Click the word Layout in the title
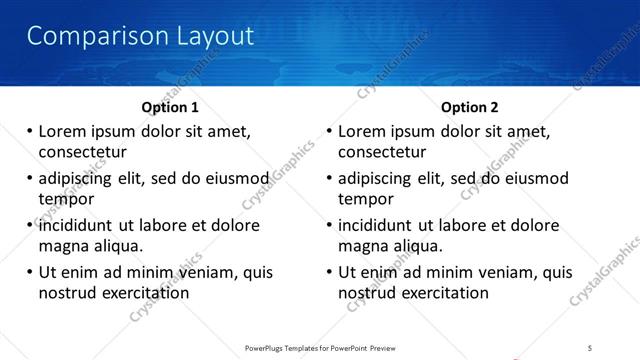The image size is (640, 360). [x=204, y=37]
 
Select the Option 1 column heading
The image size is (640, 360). [x=170, y=106]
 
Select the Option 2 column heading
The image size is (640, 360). [x=469, y=106]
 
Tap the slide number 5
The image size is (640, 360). [x=591, y=347]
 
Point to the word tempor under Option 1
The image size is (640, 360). [x=66, y=199]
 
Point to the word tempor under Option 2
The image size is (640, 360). [x=366, y=199]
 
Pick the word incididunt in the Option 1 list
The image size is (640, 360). [x=82, y=225]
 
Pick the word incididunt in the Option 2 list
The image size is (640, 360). [x=382, y=225]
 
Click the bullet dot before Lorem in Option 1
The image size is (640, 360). [x=29, y=131]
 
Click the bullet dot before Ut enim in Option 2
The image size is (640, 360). [x=329, y=272]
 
